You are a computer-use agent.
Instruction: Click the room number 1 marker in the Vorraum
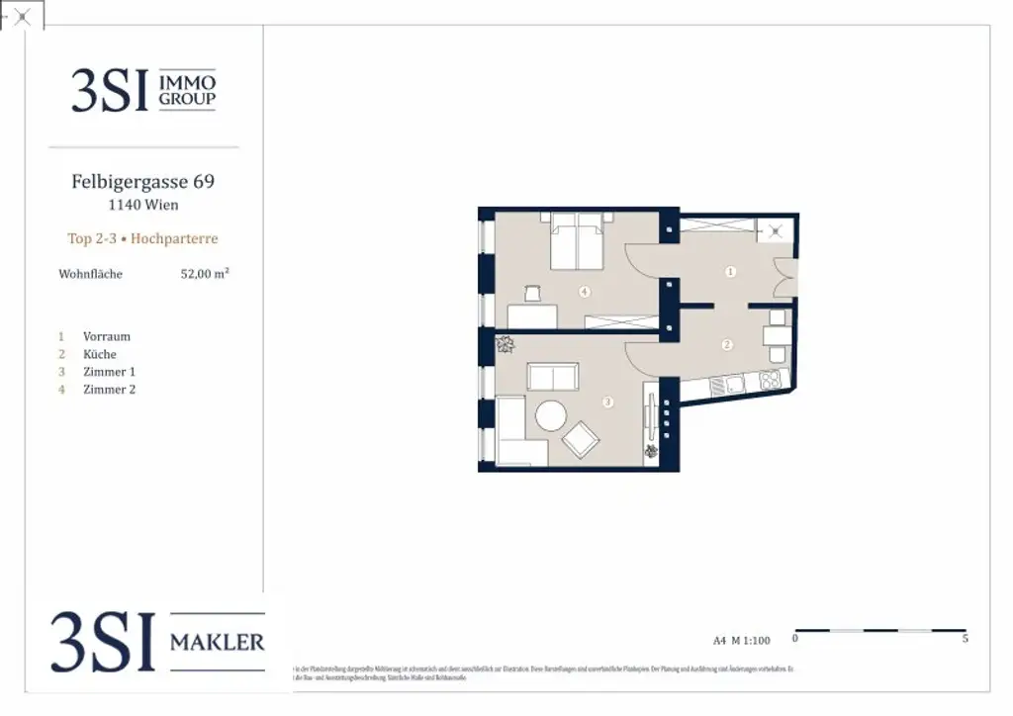pyautogui.click(x=730, y=271)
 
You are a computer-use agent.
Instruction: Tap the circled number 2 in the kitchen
pyautogui.click(x=727, y=345)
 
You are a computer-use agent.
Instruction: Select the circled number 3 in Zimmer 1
pyautogui.click(x=607, y=402)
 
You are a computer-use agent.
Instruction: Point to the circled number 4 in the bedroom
pyautogui.click(x=585, y=292)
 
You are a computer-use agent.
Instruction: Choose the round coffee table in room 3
pyautogui.click(x=551, y=415)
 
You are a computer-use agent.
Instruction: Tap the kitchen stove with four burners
pyautogui.click(x=770, y=380)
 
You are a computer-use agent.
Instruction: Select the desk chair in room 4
pyautogui.click(x=531, y=293)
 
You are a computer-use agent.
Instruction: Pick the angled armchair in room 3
pyautogui.click(x=581, y=437)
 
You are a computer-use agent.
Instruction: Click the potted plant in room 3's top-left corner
pyautogui.click(x=506, y=345)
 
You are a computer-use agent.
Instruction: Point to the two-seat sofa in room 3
pyautogui.click(x=553, y=377)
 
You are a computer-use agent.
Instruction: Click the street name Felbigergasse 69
pyautogui.click(x=142, y=182)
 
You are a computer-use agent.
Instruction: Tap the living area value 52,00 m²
pyautogui.click(x=204, y=274)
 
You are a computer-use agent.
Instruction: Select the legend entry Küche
pyautogui.click(x=100, y=354)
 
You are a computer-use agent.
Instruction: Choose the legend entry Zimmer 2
pyautogui.click(x=109, y=390)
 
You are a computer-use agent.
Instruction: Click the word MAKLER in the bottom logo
pyautogui.click(x=217, y=643)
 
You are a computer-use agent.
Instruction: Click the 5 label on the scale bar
pyautogui.click(x=965, y=640)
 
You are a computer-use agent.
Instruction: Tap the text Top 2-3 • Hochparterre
pyautogui.click(x=142, y=238)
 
